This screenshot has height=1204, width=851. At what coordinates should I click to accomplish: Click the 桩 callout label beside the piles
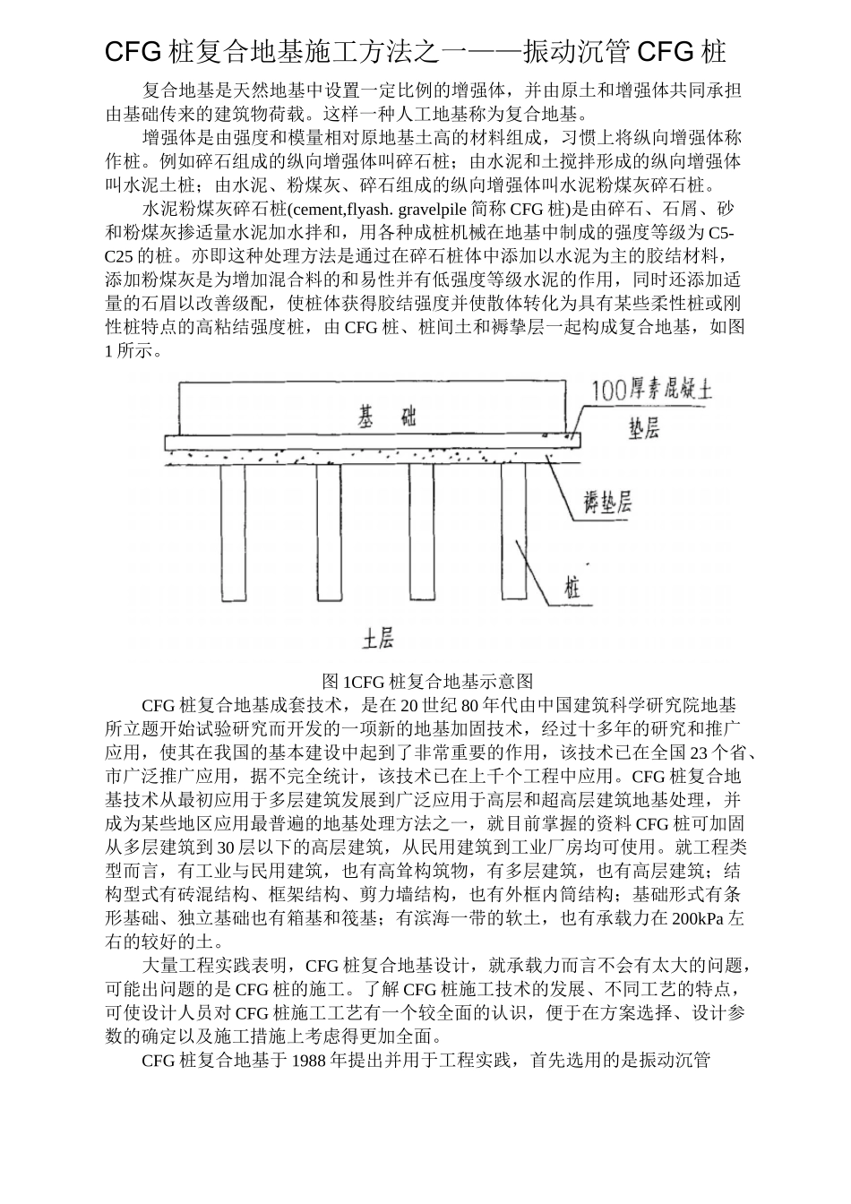click(x=572, y=588)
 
